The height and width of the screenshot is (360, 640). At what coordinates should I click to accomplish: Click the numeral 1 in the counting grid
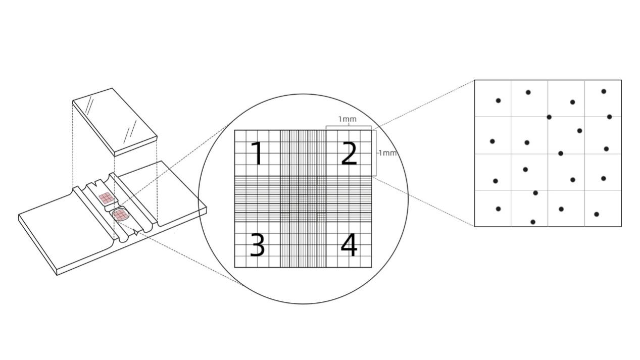click(258, 153)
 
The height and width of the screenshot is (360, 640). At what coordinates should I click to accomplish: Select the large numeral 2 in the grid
click(349, 153)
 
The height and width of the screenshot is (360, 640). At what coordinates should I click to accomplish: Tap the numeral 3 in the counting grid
click(257, 245)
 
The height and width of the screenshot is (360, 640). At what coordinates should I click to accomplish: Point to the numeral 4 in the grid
click(349, 245)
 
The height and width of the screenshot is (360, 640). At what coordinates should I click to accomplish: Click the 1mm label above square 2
click(348, 119)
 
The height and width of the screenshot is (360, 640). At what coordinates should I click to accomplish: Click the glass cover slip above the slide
click(115, 122)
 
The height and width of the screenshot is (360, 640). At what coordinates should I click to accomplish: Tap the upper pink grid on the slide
click(106, 198)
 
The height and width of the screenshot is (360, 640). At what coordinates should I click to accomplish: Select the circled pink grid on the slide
click(120, 215)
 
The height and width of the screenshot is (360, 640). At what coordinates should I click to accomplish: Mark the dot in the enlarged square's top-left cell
click(498, 100)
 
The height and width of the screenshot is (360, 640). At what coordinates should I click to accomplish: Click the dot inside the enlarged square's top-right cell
click(604, 91)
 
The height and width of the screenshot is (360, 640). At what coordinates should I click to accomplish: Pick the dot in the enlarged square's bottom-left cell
click(498, 209)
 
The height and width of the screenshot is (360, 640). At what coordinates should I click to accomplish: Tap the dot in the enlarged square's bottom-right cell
click(597, 214)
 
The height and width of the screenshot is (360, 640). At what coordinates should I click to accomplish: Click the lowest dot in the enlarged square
click(533, 222)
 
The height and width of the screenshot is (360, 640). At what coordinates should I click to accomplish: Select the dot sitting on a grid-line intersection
click(549, 117)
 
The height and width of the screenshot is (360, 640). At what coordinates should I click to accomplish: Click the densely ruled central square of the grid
click(303, 199)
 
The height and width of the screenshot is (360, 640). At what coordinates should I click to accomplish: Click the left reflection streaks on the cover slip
click(90, 106)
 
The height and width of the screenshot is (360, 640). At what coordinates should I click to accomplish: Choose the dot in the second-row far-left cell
click(493, 141)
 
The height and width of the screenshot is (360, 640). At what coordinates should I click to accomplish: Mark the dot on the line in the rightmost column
click(609, 117)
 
